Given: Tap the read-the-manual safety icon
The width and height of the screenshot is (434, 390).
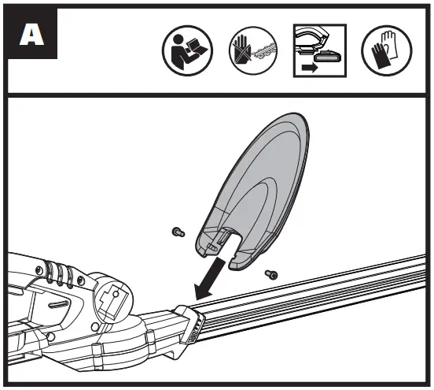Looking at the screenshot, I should [182, 53].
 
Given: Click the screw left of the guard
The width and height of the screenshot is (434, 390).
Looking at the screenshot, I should [177, 232].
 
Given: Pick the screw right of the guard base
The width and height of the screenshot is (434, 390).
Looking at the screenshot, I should [273, 273].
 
